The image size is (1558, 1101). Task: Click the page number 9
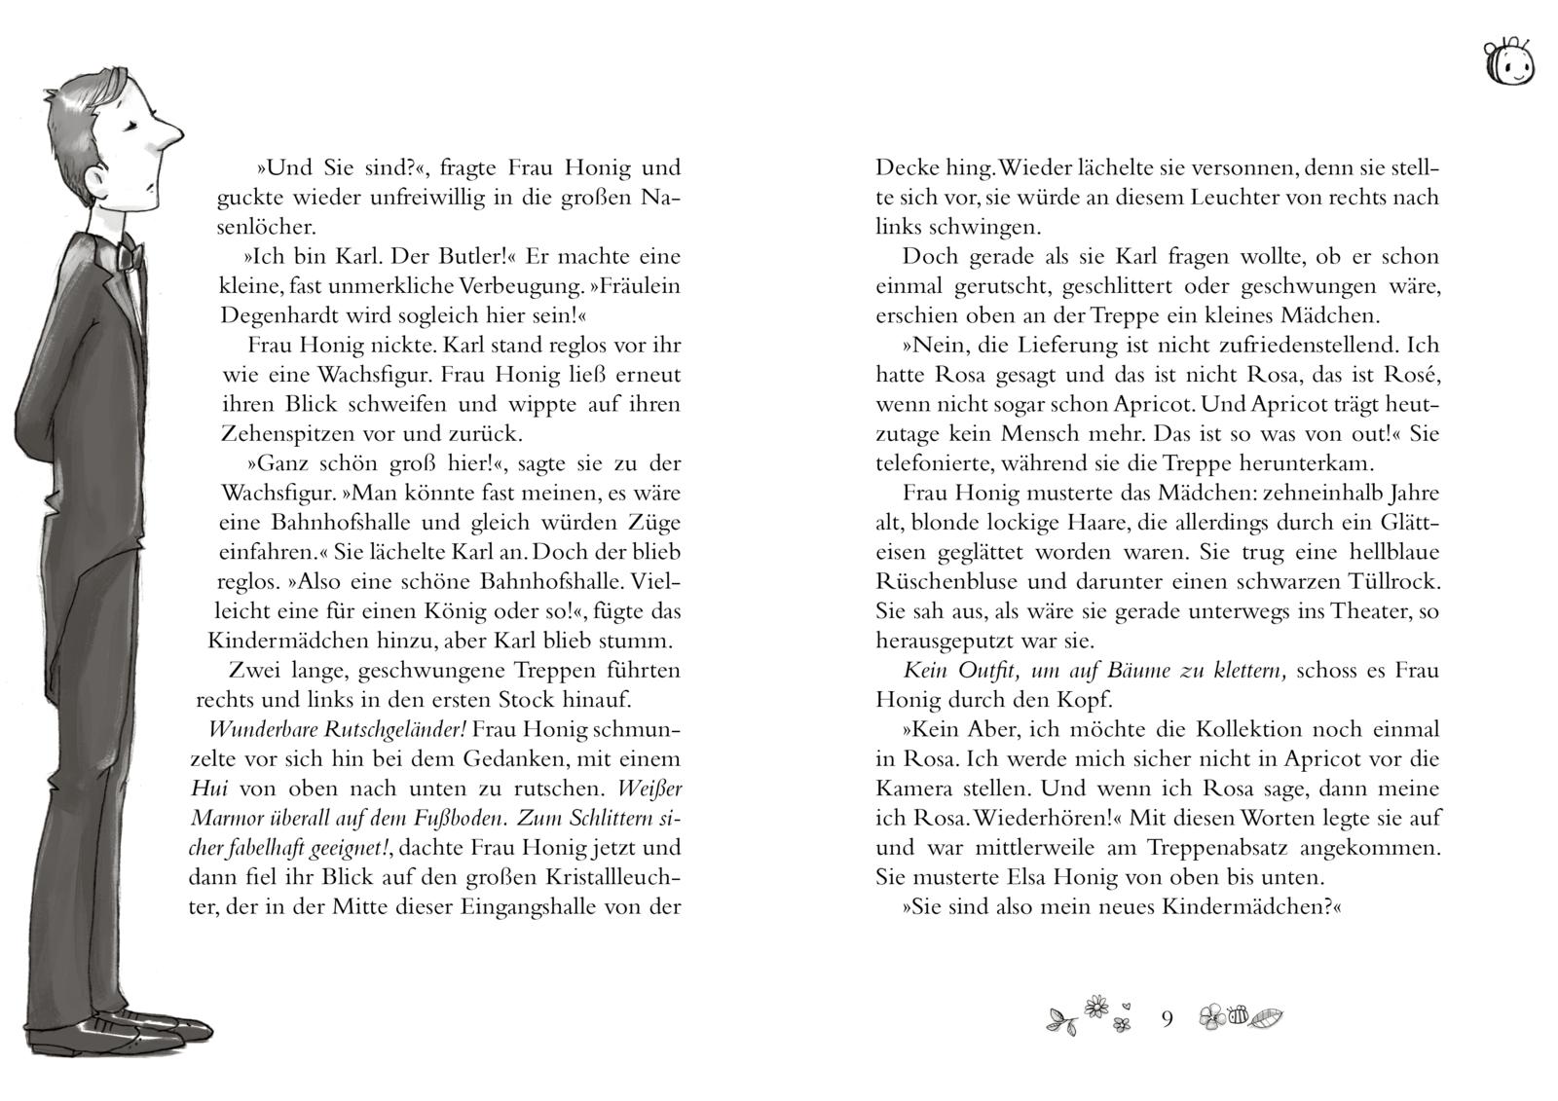click(x=1167, y=1018)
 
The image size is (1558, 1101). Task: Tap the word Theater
click(x=1348, y=611)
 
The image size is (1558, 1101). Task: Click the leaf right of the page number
click(x=1267, y=1018)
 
